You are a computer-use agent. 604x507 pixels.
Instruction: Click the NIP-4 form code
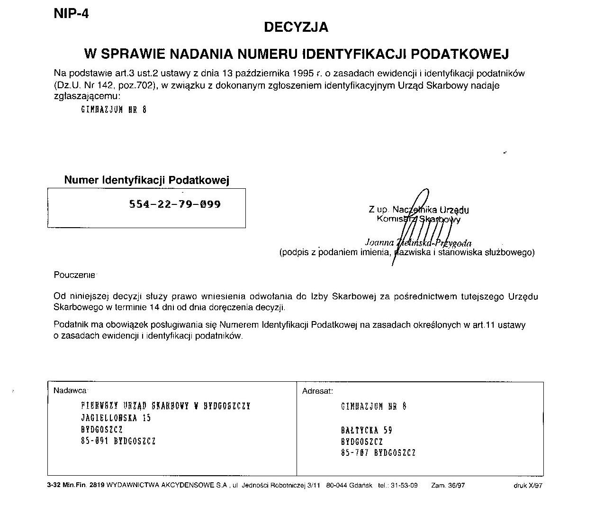71,14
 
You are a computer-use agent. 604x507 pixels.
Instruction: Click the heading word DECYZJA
296,28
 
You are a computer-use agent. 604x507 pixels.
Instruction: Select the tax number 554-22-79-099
175,204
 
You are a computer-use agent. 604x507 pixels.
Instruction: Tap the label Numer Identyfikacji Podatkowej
146,180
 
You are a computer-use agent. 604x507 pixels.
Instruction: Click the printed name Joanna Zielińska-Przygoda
418,243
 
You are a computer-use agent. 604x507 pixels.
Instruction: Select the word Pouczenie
75,275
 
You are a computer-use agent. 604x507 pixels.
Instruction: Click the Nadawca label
70,391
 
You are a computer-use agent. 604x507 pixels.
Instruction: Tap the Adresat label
317,391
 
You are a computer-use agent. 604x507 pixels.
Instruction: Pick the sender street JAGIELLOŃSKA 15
116,418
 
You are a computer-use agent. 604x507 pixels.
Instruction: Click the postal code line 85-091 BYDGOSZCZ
118,441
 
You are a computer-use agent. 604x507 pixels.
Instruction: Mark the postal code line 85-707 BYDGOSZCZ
378,453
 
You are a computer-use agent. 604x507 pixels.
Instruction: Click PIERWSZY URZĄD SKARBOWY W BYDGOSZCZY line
166,406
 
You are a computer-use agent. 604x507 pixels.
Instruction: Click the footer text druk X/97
528,486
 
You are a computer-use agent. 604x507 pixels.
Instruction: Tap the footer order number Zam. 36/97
448,486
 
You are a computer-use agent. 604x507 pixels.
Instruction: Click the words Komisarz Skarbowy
418,219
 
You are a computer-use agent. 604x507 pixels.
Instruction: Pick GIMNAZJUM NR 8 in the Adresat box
373,406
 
